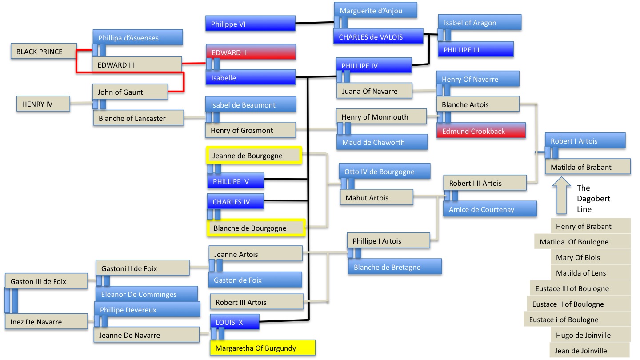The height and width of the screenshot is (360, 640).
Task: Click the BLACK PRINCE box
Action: [x=43, y=52]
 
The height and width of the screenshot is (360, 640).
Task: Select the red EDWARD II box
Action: [x=250, y=52]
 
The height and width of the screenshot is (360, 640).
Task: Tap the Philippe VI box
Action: [x=250, y=24]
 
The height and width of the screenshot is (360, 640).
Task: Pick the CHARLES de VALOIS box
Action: [x=378, y=37]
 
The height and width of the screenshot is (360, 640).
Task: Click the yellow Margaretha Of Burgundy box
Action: [x=262, y=348]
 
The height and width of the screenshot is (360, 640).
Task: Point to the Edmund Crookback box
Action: [x=481, y=131]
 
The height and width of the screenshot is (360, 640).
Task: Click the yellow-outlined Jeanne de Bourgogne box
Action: [x=254, y=156]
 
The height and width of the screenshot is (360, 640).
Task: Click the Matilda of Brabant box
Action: [x=588, y=167]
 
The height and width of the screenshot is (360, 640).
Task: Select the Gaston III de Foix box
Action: [x=46, y=281]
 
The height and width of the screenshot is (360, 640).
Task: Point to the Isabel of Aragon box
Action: [x=479, y=23]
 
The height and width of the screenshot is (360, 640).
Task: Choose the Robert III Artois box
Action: [x=256, y=302]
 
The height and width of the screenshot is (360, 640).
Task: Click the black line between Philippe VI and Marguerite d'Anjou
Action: [x=315, y=23]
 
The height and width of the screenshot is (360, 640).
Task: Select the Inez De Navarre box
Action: [x=46, y=322]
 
